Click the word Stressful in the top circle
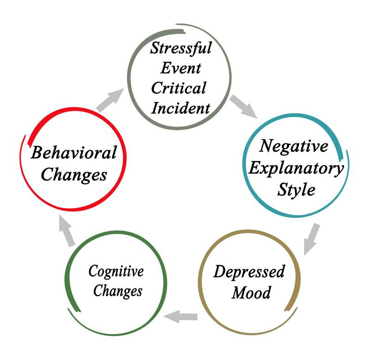[180, 48]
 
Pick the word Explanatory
[296, 168]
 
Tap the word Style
[296, 190]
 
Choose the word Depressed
[249, 271]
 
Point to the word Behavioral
[74, 153]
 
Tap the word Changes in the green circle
[116, 292]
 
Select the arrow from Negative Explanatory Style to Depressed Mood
[312, 239]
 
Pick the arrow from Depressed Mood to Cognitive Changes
[181, 317]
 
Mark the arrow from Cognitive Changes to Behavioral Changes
[67, 229]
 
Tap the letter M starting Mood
[239, 293]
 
